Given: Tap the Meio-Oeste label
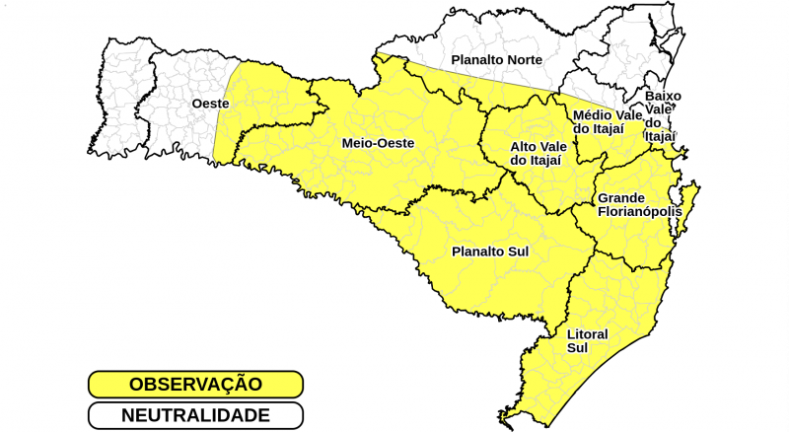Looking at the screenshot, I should coord(378,143).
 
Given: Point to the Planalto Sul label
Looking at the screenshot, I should coord(490,252).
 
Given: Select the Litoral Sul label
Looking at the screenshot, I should coord(587,340).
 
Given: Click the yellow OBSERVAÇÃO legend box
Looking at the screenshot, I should coord(194,384).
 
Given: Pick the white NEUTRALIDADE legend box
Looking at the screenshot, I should coord(194,415).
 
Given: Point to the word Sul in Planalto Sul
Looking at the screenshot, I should coord(517,252).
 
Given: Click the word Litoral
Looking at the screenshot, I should coord(587,334).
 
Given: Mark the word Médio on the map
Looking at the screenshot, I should coord(592,114).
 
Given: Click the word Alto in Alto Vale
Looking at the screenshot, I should coord(524,147).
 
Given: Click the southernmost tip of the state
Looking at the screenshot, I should coord(503,421).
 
